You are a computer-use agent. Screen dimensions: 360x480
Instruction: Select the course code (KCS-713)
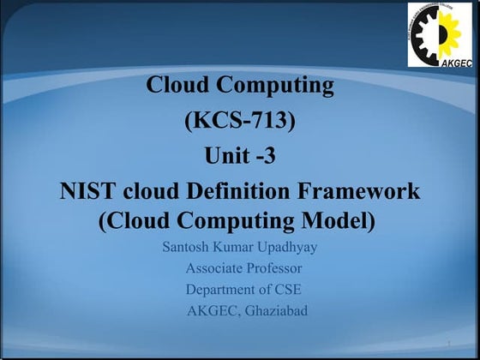click(240, 121)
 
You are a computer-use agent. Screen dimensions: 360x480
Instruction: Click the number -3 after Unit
click(266, 156)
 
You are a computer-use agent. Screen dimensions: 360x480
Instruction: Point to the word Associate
click(213, 269)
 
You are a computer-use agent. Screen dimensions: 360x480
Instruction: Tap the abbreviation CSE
click(286, 290)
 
